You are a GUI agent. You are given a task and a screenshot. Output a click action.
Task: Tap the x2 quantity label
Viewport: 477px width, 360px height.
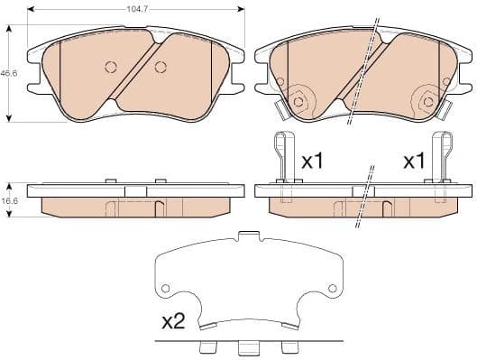[x=172, y=320]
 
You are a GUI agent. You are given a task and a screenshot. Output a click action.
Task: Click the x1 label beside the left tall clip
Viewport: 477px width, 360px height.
[x=312, y=162]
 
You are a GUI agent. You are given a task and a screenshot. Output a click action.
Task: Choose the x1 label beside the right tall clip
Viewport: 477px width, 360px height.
[x=414, y=162]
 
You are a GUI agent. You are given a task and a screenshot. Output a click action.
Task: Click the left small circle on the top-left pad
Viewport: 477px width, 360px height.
[x=112, y=67]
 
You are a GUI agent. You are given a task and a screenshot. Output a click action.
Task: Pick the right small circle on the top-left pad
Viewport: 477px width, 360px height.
[x=161, y=67]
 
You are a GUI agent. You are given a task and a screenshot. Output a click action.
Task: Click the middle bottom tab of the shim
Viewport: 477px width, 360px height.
[x=246, y=349]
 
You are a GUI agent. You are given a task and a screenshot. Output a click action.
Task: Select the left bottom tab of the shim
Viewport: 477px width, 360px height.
[x=206, y=347]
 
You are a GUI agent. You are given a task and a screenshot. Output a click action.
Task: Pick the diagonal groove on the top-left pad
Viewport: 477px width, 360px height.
[x=136, y=72]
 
